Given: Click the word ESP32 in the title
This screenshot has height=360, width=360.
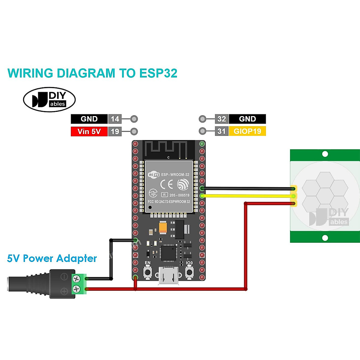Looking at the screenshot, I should point(158,73).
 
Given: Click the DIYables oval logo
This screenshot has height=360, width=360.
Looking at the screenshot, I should point(49,100).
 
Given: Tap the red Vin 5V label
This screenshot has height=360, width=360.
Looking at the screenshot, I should point(89,131).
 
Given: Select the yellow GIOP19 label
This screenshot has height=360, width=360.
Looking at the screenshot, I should point(247,131).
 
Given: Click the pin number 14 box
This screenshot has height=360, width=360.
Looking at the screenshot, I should point(115,119).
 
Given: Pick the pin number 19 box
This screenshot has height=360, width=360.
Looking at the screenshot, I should point(115,131).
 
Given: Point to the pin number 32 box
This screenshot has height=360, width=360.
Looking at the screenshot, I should point(222,119).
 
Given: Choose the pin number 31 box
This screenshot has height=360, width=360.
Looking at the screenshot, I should point(222,131).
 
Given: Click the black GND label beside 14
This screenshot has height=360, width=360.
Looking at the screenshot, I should point(89,119).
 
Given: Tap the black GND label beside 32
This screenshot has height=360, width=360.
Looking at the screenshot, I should point(247,119).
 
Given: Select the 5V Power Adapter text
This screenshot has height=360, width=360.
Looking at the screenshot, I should point(52,258).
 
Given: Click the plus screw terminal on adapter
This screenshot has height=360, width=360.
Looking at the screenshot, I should point(76,289).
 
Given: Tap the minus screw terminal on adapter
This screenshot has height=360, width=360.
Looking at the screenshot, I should point(76,279).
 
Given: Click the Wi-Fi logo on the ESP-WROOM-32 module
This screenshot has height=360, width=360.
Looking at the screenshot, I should point(154,175).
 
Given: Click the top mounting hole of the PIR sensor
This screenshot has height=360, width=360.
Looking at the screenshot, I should point(325,154).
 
